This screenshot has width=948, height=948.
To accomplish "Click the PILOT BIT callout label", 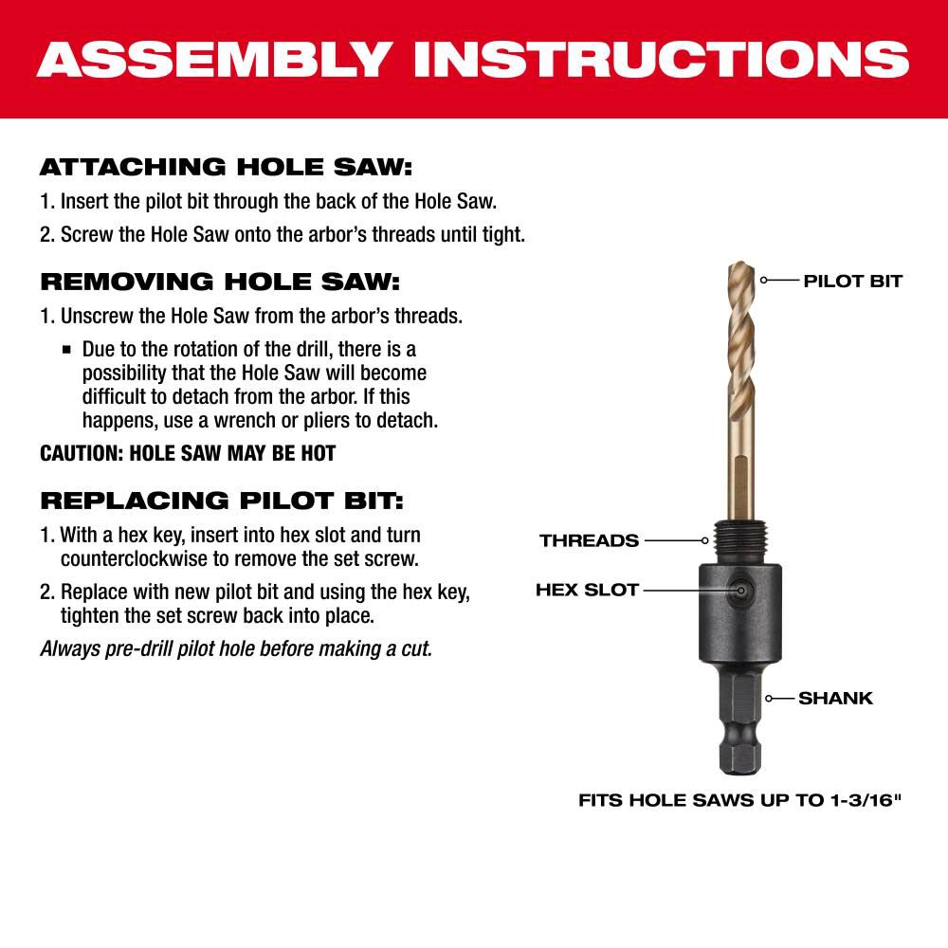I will click(852, 281).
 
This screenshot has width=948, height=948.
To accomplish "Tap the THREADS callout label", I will click(589, 540).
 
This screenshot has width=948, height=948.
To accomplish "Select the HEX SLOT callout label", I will click(587, 590).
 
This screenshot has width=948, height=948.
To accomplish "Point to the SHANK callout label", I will click(835, 698).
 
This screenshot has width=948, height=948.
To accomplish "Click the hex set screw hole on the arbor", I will click(741, 590).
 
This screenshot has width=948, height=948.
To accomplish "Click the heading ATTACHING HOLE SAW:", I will click(226, 168).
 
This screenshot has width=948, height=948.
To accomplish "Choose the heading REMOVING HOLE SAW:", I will click(220, 282).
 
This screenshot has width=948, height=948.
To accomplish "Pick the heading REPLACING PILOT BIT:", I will click(221, 500).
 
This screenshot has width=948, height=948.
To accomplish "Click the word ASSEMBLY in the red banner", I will click(213, 59).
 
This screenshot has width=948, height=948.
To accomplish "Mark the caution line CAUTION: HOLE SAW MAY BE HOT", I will click(188, 453).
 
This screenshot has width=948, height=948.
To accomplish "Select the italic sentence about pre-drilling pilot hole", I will click(236, 649).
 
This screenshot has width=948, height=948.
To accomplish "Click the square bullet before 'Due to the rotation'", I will click(66, 350).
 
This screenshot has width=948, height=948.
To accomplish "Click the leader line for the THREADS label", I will click(673, 540).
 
